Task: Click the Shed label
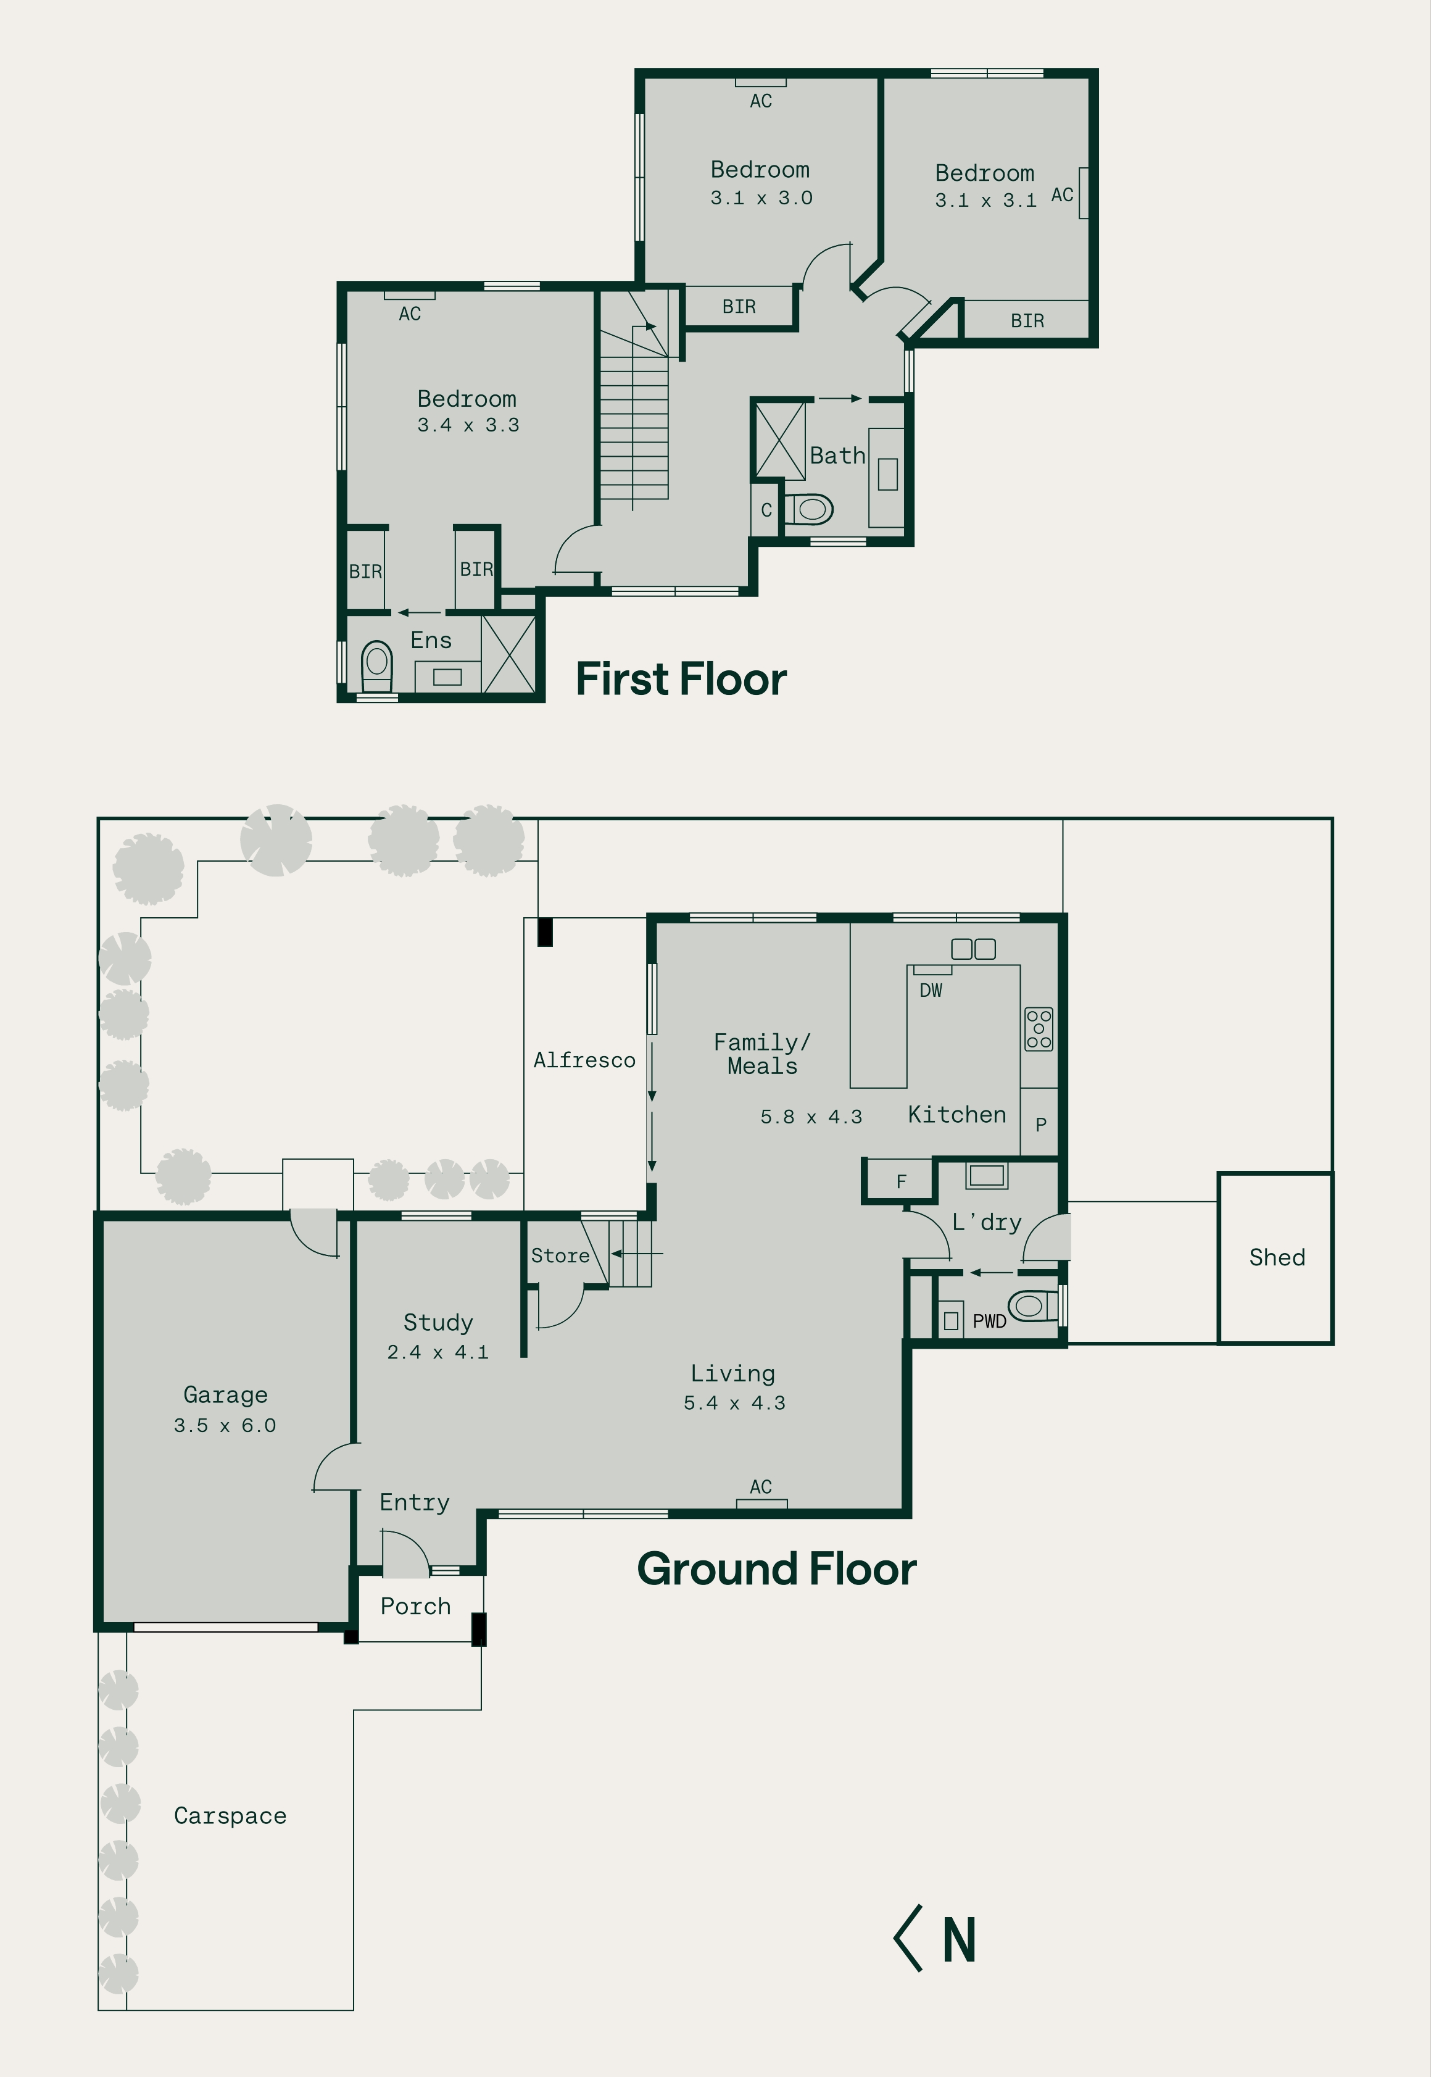pyautogui.click(x=1277, y=1257)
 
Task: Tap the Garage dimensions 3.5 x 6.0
pyautogui.click(x=225, y=1425)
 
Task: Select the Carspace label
pyautogui.click(x=230, y=1816)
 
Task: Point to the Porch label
pyautogui.click(x=415, y=1606)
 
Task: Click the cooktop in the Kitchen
pyautogui.click(x=1039, y=1029)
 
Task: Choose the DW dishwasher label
pyautogui.click(x=931, y=990)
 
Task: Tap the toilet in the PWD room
pyautogui.click(x=1034, y=1305)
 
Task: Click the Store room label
pyautogui.click(x=560, y=1255)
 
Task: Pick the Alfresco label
pyautogui.click(x=584, y=1060)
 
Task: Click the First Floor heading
pyautogui.click(x=681, y=679)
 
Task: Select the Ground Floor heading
pyautogui.click(x=776, y=1570)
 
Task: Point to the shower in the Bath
pyautogui.click(x=780, y=440)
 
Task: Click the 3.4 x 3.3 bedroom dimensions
pyautogui.click(x=468, y=425)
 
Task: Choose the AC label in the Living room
pyautogui.click(x=760, y=1487)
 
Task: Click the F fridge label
pyautogui.click(x=901, y=1182)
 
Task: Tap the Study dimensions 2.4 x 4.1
pyautogui.click(x=438, y=1352)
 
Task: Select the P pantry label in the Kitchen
pyautogui.click(x=1041, y=1124)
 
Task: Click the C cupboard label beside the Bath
pyautogui.click(x=766, y=510)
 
